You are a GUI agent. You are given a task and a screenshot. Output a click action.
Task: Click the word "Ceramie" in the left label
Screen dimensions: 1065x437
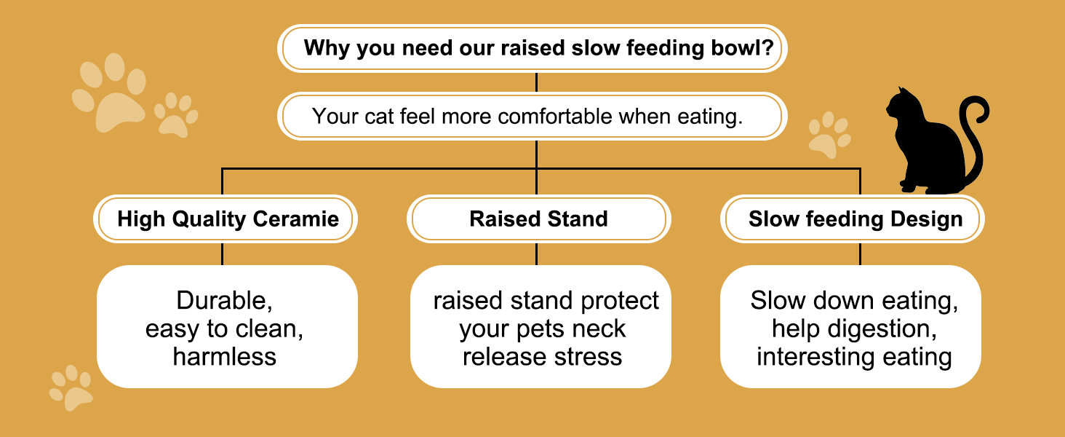click(x=296, y=219)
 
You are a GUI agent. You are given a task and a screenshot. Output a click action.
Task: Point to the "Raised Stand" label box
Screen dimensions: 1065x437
click(x=538, y=219)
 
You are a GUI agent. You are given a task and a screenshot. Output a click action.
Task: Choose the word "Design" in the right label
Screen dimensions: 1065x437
click(x=927, y=219)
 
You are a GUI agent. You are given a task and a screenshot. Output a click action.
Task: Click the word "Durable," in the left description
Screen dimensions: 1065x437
click(x=224, y=300)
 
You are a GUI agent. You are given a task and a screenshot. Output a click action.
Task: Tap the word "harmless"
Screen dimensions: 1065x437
click(x=224, y=357)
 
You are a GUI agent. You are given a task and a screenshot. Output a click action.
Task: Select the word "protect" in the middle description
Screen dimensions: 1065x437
click(x=620, y=301)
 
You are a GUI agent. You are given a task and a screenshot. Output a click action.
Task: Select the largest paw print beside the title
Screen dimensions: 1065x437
click(x=109, y=92)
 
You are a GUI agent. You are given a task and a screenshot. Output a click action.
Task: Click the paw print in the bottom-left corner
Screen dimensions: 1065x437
click(x=71, y=387)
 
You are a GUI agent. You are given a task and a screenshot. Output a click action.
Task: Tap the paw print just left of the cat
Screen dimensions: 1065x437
click(x=830, y=135)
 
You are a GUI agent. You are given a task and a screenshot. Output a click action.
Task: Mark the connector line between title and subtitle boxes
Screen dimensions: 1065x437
click(x=536, y=82)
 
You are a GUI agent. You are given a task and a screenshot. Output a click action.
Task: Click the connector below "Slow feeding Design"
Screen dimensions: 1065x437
click(x=860, y=254)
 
